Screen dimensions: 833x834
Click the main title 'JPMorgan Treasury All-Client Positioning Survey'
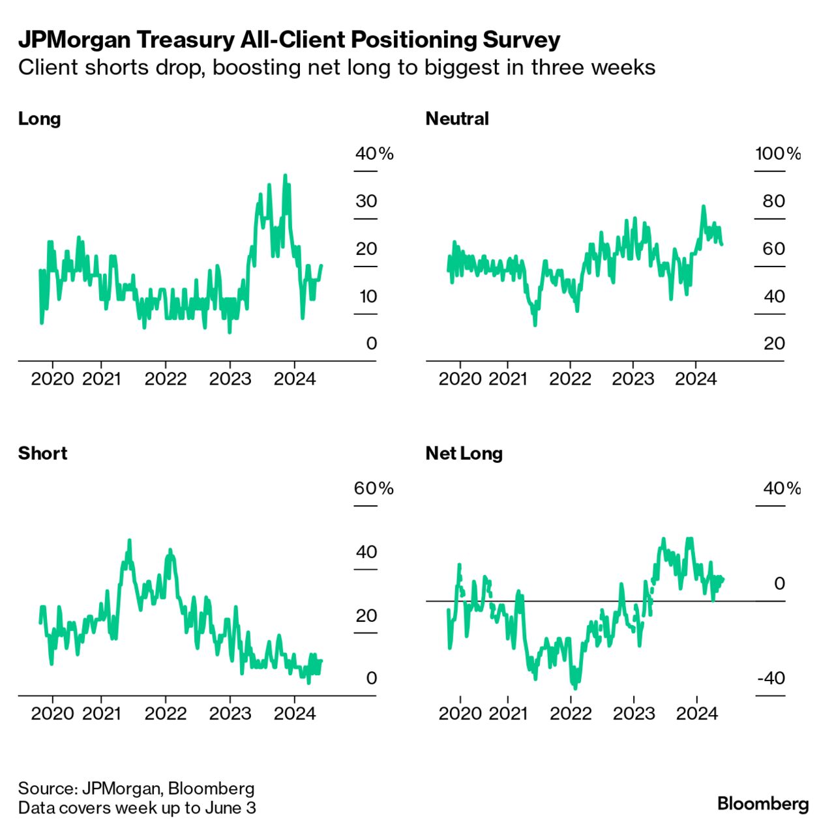(289, 40)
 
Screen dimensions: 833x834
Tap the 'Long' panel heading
(39, 119)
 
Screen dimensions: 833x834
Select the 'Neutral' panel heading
(456, 119)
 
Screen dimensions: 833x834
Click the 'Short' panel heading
(42, 453)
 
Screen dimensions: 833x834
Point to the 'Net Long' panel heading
(464, 453)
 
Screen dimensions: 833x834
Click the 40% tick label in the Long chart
(374, 154)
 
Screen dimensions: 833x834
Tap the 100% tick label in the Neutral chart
(778, 154)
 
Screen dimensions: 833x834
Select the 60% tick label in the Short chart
(374, 488)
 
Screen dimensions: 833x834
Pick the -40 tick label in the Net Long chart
(771, 678)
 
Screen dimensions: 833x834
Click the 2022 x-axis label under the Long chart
(166, 379)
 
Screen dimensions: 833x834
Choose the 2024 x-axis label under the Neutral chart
(696, 379)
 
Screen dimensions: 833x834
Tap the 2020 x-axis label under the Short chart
(52, 713)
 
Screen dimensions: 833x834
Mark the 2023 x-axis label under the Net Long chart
(634, 713)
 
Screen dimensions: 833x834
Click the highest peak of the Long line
(285, 175)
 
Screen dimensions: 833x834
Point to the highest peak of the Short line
(129, 540)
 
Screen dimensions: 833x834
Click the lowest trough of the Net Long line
(575, 688)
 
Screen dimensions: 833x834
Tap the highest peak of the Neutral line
(704, 207)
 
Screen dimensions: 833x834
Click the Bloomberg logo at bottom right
(763, 803)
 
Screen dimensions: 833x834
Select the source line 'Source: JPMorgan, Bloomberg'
(136, 789)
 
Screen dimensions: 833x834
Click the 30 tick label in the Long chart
(366, 201)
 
